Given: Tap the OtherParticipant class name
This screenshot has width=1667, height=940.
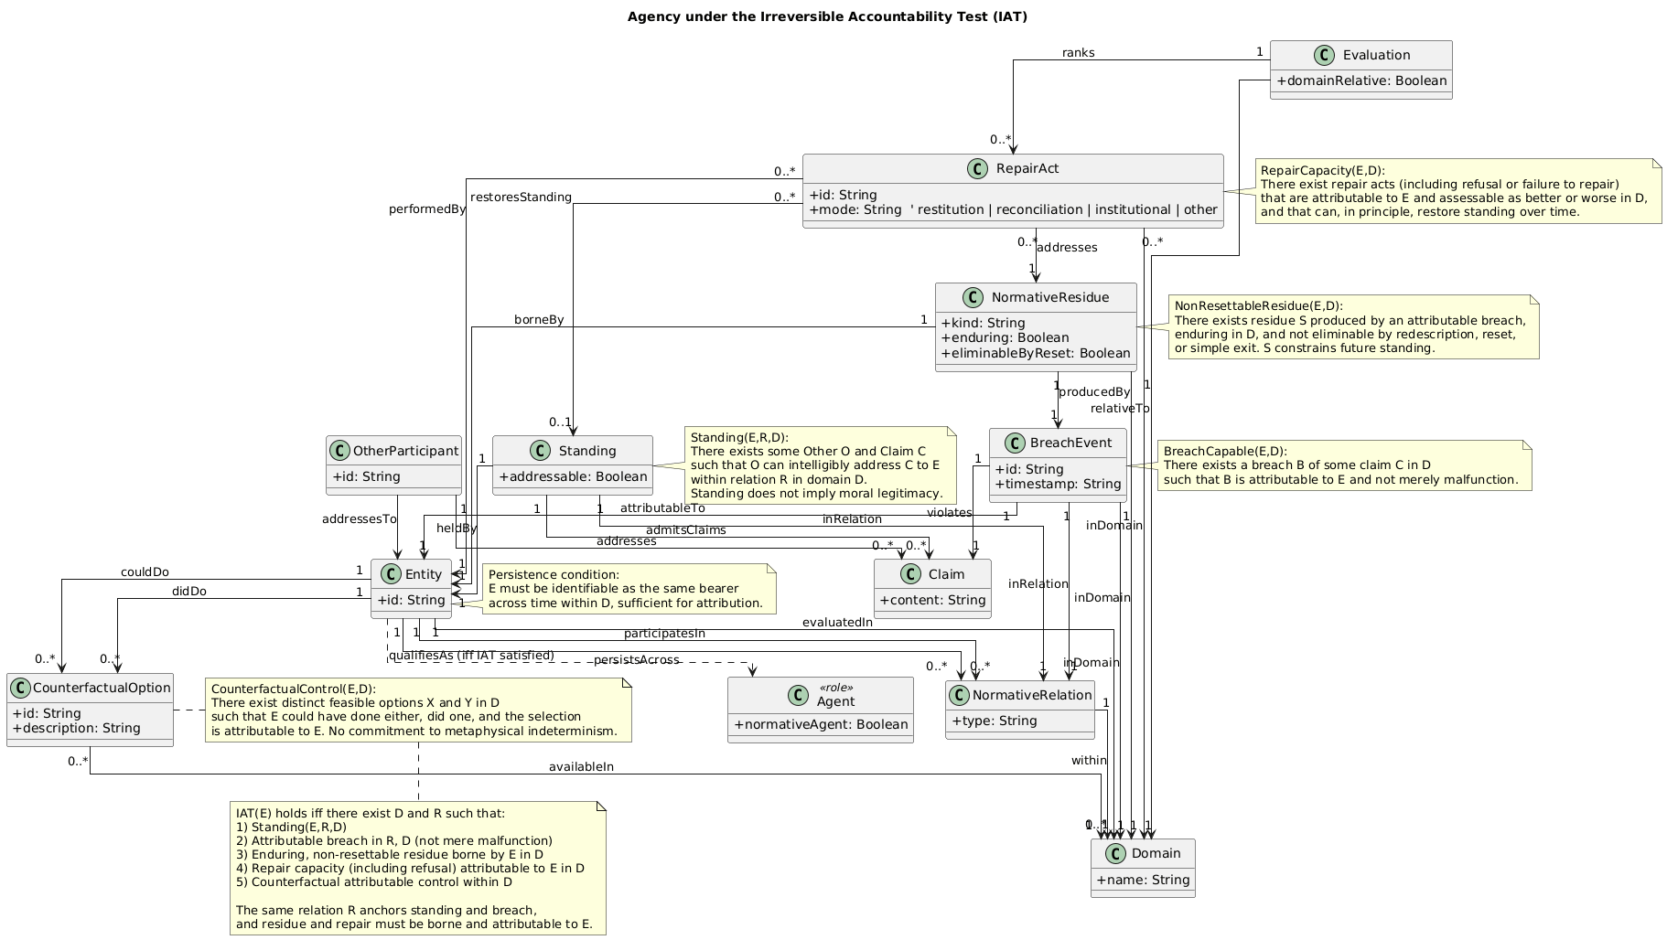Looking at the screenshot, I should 404,451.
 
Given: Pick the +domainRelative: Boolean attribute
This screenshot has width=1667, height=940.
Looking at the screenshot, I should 1361,81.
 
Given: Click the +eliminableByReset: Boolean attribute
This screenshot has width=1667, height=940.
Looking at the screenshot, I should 1035,353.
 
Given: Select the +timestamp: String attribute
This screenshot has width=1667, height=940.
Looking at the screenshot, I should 1058,484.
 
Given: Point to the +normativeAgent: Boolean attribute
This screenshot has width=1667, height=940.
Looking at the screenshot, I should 821,724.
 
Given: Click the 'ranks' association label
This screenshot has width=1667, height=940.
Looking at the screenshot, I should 1078,53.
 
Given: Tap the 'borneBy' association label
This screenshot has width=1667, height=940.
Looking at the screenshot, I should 539,320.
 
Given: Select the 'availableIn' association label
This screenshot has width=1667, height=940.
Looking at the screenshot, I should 581,766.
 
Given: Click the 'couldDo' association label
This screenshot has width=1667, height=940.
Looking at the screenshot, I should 145,572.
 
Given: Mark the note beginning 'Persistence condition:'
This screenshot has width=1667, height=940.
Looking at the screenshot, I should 626,589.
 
